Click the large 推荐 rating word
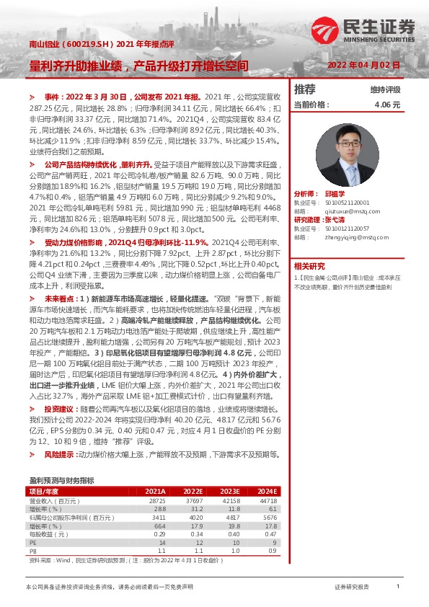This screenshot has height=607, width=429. [x=305, y=89]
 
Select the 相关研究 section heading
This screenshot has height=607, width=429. [x=309, y=266]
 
